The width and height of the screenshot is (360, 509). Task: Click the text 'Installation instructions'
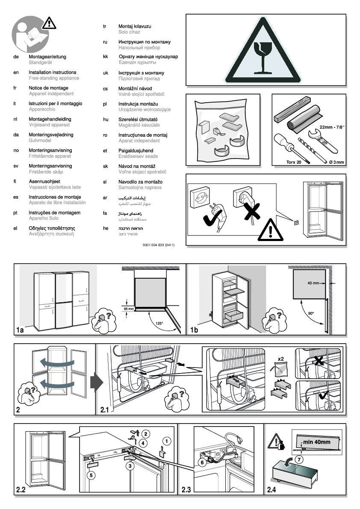coord(52,73)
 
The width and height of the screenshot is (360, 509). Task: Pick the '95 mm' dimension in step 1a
coord(128,309)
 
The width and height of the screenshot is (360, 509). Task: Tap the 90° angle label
coord(311,314)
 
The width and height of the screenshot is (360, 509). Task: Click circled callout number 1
coord(166,440)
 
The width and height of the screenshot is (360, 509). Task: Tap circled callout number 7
coord(299,460)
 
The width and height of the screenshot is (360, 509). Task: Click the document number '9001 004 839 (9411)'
coord(158,245)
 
